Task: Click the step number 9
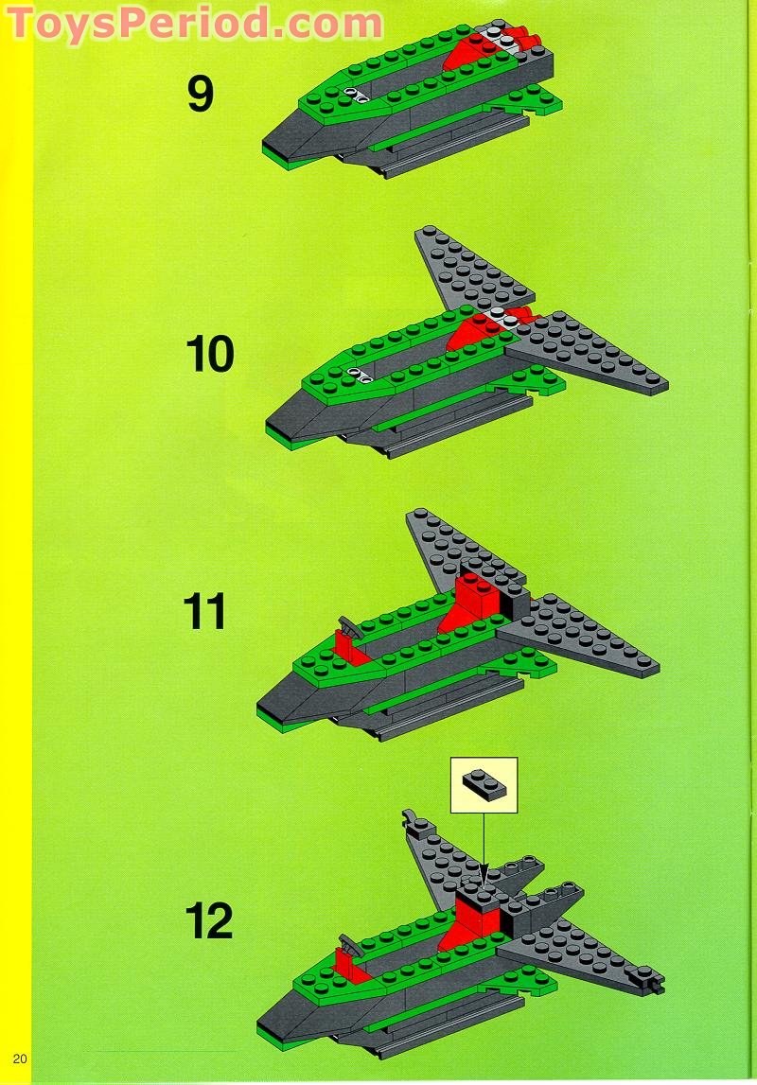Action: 201,95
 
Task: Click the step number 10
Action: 209,355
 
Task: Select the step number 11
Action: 205,612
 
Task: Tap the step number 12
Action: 209,919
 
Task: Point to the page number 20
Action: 20,1056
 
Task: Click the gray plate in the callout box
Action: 484,784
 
